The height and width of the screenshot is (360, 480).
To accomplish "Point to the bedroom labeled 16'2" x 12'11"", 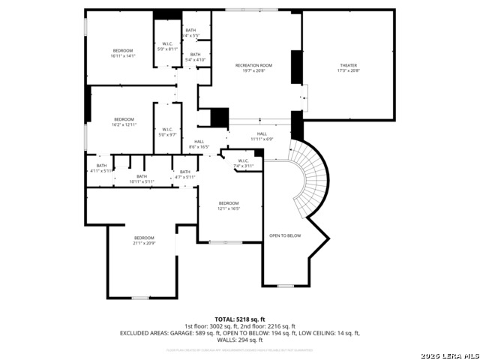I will click(x=124, y=121).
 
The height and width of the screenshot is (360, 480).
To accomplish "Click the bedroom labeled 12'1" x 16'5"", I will click(x=229, y=205).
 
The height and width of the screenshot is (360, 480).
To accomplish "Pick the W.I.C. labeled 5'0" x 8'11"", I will click(x=168, y=46).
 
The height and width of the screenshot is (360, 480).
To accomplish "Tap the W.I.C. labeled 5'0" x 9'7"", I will click(x=168, y=132).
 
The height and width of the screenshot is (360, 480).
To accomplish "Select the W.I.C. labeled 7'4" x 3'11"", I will click(x=244, y=163).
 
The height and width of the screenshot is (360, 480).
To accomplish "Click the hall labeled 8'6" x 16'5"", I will click(x=199, y=144).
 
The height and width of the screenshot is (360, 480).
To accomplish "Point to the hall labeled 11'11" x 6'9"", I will click(x=262, y=136).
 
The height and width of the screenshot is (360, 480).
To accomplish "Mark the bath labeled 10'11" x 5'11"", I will click(x=142, y=179).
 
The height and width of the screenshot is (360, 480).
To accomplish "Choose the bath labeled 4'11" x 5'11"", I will click(x=101, y=169).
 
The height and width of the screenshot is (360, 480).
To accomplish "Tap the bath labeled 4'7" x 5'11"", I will click(x=184, y=174).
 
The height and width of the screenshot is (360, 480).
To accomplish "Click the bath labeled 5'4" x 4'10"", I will click(x=195, y=57).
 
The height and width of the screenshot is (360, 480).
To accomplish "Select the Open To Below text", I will click(x=285, y=235).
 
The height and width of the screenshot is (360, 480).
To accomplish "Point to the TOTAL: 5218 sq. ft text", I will click(x=240, y=319).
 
